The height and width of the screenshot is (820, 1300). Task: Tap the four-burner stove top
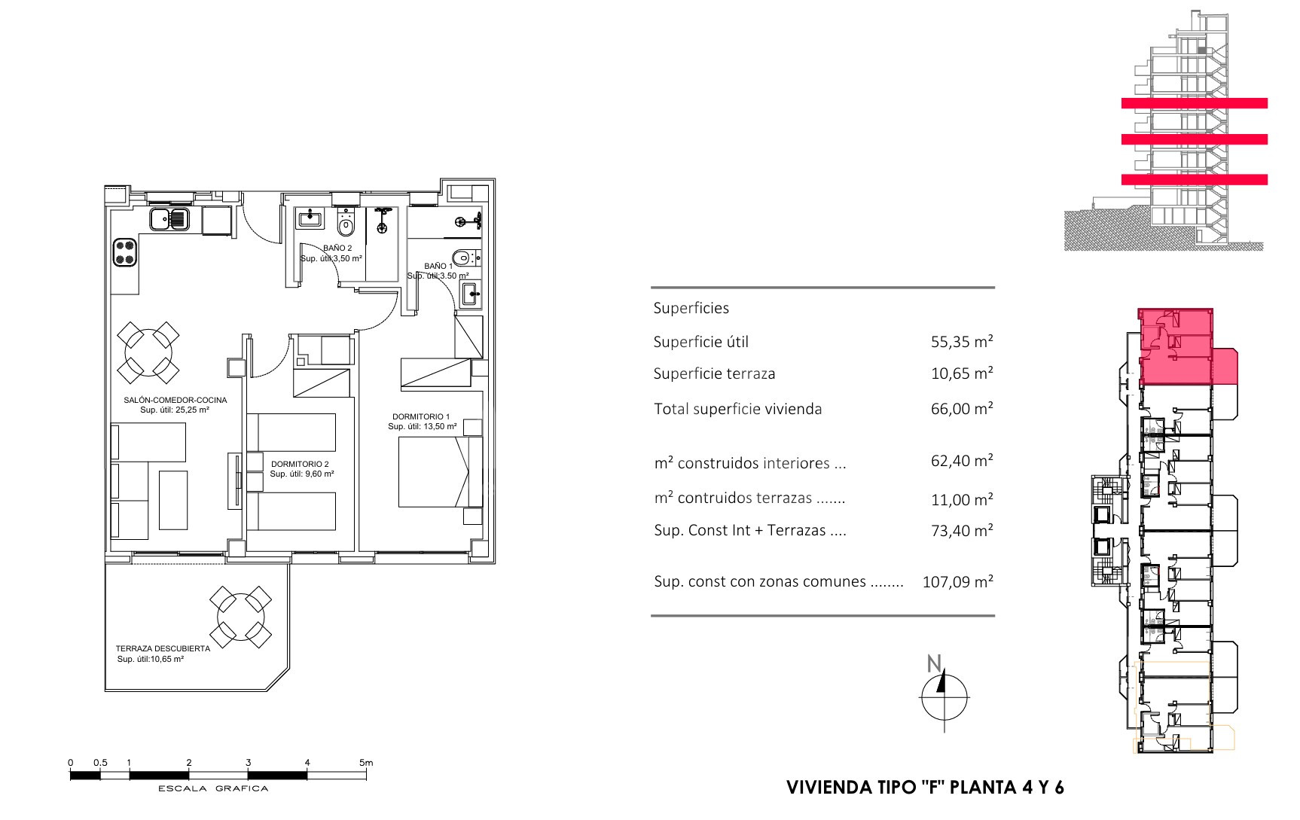tap(125, 251)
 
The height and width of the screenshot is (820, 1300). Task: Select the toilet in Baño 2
tap(346, 224)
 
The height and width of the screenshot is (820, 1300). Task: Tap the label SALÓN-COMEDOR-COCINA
tap(175, 400)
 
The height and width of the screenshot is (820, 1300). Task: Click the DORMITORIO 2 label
tap(300, 464)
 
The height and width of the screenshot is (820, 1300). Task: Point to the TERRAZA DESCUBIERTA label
tap(163, 648)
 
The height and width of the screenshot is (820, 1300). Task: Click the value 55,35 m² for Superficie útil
tap(962, 341)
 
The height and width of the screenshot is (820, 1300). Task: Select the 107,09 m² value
tap(957, 581)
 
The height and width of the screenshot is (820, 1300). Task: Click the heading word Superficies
tap(691, 308)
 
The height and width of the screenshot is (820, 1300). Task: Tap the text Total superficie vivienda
tap(738, 409)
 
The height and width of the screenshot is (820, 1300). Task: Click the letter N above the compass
tap(934, 663)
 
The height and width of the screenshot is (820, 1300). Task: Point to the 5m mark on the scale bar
tap(366, 763)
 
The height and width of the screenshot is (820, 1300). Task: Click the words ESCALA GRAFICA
tap(213, 789)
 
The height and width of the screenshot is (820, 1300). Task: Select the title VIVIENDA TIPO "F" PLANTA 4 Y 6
tap(925, 788)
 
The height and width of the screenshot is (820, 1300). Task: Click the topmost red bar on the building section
tap(1194, 103)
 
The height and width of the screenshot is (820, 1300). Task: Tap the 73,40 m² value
tap(962, 530)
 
